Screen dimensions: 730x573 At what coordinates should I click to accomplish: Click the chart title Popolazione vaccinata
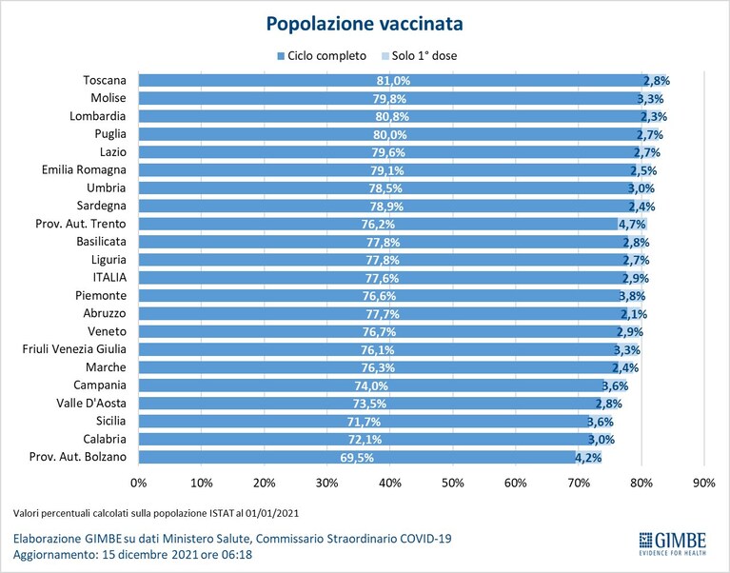tap(365, 24)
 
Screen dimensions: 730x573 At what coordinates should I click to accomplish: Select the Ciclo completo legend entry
tap(322, 56)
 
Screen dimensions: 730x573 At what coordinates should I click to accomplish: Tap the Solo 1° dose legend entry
tap(419, 56)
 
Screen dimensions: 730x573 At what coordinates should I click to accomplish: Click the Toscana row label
tap(105, 81)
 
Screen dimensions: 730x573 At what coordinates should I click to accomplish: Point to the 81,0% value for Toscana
tap(393, 81)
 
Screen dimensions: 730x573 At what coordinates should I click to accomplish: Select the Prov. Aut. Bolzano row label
tap(78, 457)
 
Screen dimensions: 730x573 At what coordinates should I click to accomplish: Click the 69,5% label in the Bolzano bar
tap(357, 458)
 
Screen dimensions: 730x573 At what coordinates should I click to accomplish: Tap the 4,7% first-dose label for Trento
tap(632, 225)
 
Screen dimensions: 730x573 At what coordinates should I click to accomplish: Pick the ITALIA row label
tap(109, 277)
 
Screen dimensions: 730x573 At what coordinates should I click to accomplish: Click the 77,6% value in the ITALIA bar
tap(383, 278)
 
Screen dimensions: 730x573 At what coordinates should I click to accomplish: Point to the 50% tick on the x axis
tap(452, 484)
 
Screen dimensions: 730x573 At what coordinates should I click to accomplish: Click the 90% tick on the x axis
tap(704, 484)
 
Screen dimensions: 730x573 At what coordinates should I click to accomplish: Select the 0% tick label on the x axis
tap(139, 484)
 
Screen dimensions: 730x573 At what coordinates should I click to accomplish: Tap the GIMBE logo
tap(673, 543)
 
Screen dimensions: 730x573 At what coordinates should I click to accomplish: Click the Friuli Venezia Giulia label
tap(74, 349)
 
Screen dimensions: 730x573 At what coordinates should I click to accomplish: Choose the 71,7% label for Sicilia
tap(364, 422)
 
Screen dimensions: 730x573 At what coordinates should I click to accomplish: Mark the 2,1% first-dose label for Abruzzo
tap(634, 314)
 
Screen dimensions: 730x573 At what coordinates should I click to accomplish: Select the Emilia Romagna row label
tap(84, 169)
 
